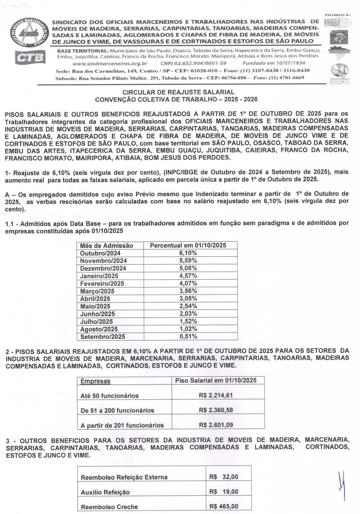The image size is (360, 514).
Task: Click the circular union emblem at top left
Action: (x=31, y=32)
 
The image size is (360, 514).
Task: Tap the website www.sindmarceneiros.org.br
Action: (x=110, y=63)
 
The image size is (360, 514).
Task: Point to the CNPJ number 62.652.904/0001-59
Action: (x=193, y=63)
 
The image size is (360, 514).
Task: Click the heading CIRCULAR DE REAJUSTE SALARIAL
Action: (x=178, y=92)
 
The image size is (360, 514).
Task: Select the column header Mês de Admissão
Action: (x=106, y=245)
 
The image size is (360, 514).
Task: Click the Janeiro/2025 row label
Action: (x=99, y=276)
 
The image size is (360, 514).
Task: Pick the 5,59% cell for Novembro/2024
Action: (x=188, y=261)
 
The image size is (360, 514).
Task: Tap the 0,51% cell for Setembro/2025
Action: (x=188, y=336)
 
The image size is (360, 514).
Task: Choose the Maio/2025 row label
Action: (x=95, y=306)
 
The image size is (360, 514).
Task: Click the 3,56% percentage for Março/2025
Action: (x=188, y=291)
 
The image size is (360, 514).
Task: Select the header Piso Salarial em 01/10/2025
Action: (x=216, y=380)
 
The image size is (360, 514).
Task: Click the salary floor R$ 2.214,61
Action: (x=216, y=395)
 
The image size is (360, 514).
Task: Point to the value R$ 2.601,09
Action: (x=216, y=425)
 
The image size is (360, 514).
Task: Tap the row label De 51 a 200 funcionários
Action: (x=117, y=410)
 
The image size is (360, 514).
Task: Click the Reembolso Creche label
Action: (x=109, y=507)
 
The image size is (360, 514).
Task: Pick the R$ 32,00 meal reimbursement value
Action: (x=224, y=477)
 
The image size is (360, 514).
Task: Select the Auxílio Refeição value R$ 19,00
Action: (x=224, y=492)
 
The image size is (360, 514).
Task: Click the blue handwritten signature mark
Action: (x=341, y=485)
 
